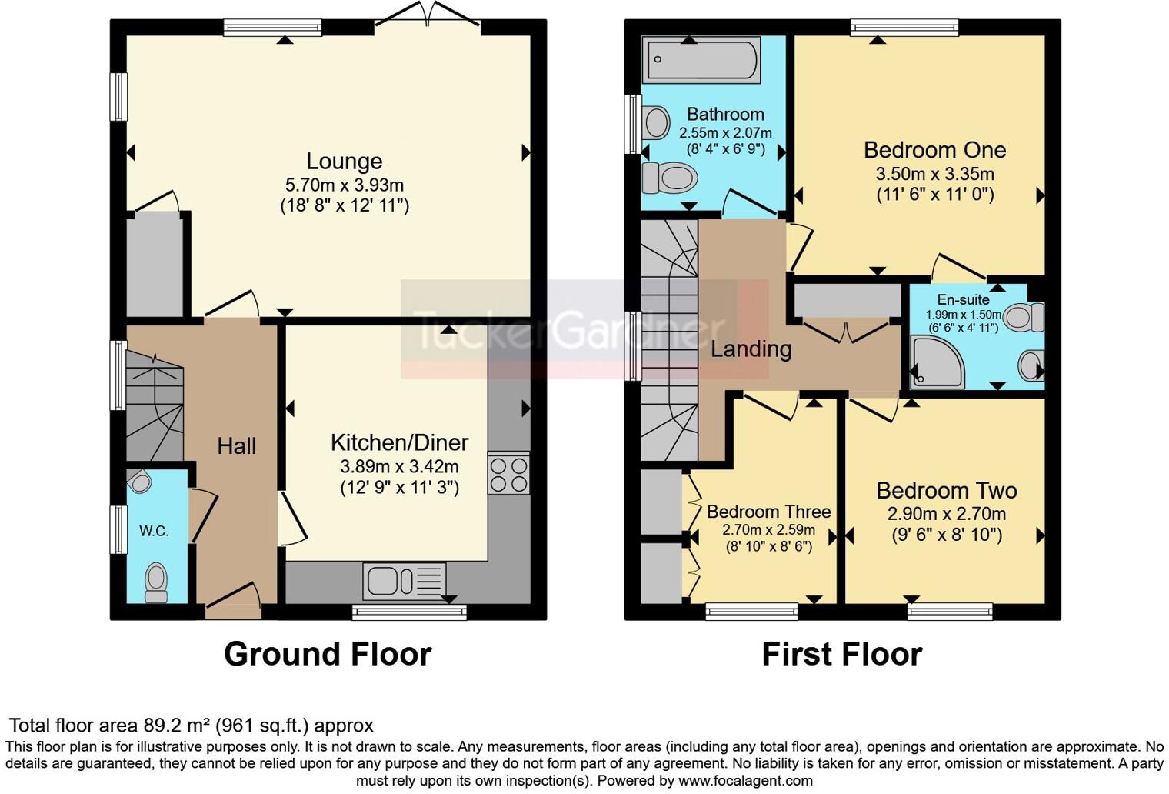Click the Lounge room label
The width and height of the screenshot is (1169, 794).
tap(344, 162)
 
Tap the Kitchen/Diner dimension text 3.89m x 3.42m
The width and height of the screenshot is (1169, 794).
tap(399, 466)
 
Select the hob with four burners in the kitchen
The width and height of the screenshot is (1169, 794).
tap(508, 474)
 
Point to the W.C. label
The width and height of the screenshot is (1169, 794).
tap(154, 531)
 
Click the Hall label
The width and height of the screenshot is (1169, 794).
tap(236, 446)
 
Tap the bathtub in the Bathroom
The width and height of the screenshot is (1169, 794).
tap(703, 60)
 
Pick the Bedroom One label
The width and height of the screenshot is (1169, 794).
tap(934, 150)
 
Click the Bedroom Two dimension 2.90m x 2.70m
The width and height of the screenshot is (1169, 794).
tap(946, 514)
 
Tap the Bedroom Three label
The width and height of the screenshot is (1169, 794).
tap(768, 512)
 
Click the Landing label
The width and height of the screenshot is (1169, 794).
tap(751, 349)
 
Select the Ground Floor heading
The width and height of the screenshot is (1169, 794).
tap(328, 654)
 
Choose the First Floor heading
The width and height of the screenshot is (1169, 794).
tap(841, 654)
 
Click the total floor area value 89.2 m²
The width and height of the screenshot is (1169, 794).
tap(177, 726)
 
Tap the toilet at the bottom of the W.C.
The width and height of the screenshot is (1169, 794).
tap(156, 582)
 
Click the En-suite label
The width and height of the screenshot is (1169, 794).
tap(963, 300)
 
